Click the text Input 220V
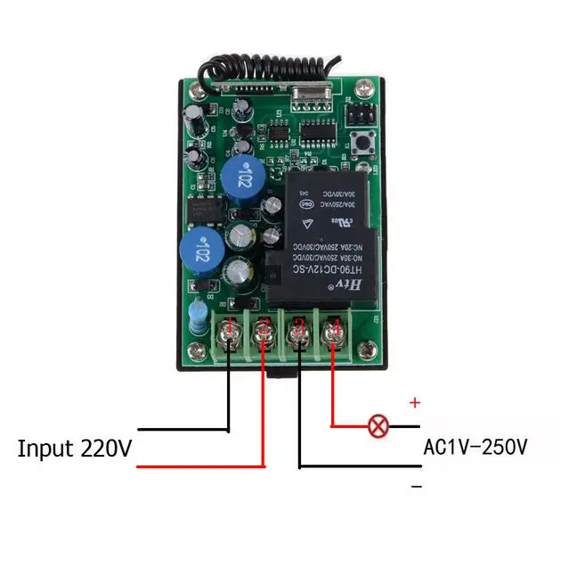[x=75, y=448]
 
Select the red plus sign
[x=414, y=403]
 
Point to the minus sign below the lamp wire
[x=416, y=487]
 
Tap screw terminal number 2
[x=264, y=334]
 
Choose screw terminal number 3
[x=299, y=334]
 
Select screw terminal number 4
[x=333, y=334]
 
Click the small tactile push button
[x=364, y=144]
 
